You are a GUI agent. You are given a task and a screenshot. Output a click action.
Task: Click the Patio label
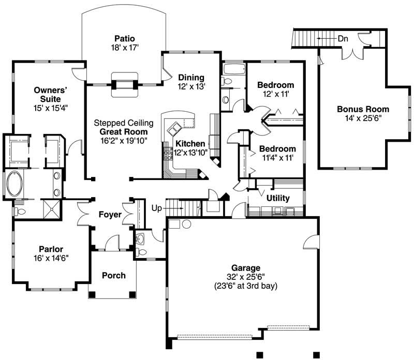click(124, 38)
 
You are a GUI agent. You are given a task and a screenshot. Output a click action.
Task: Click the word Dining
click(191, 78)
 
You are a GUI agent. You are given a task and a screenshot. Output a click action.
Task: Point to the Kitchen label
click(189, 143)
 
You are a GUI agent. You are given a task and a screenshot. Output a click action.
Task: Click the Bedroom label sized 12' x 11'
click(276, 85)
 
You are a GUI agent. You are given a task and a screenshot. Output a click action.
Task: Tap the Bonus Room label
click(363, 109)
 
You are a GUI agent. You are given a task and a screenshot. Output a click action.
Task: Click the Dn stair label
click(343, 38)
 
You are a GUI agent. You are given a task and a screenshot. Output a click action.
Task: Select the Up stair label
click(157, 208)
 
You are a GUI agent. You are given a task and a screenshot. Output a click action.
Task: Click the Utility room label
click(278, 198)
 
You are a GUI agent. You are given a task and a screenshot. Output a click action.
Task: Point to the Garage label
click(245, 268)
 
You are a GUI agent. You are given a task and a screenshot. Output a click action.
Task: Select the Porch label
click(113, 275)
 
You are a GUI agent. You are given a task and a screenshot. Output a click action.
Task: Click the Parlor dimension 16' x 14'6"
click(51, 257)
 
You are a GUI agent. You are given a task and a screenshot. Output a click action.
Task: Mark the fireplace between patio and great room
click(125, 82)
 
